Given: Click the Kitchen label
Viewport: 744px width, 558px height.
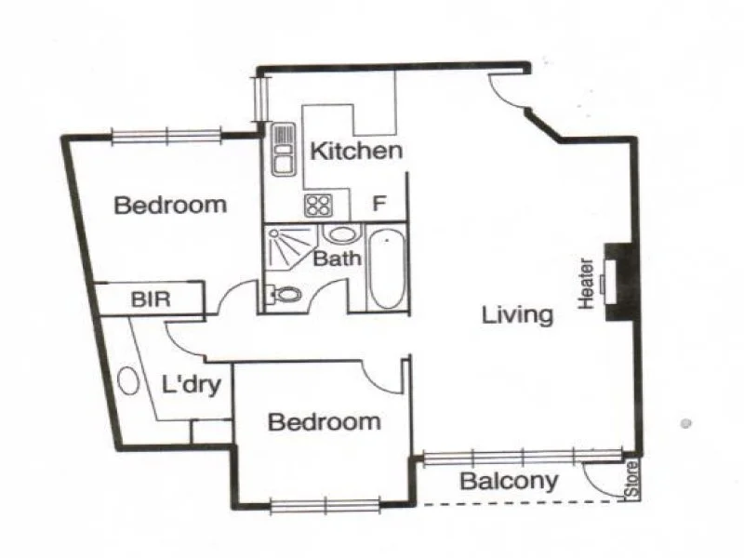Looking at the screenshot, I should coord(356,151).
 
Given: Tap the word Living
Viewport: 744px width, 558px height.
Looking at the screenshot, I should coord(517,315).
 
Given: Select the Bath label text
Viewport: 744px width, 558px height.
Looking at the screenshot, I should coord(337,259).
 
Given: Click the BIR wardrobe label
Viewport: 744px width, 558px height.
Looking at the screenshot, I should coord(150,300).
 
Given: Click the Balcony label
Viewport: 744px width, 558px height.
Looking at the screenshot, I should coord(510,482).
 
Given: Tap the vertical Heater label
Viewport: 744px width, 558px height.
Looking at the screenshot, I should coord(586,284).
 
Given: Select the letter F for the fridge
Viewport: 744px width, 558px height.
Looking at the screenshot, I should coord(379,203).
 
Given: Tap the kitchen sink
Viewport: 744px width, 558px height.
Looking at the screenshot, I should coord(282,152).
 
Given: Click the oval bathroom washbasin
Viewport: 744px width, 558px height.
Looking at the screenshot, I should coord(340,233).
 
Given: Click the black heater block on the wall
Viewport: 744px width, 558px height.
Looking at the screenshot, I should coord(617,282).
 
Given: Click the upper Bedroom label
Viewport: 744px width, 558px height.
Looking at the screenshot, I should coord(170,205).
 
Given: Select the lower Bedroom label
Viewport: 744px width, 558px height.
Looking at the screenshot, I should coord(324,422).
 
